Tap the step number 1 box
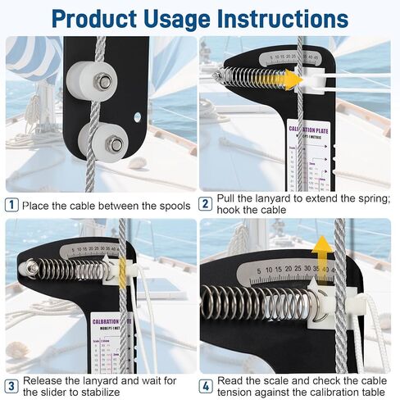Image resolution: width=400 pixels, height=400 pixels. click(11, 206)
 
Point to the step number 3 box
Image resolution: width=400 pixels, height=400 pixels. click(11, 386)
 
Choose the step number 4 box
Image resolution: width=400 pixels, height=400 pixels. click(207, 386)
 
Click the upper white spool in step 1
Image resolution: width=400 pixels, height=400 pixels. click(91, 81)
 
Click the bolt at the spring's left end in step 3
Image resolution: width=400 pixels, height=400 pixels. click(30, 267)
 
